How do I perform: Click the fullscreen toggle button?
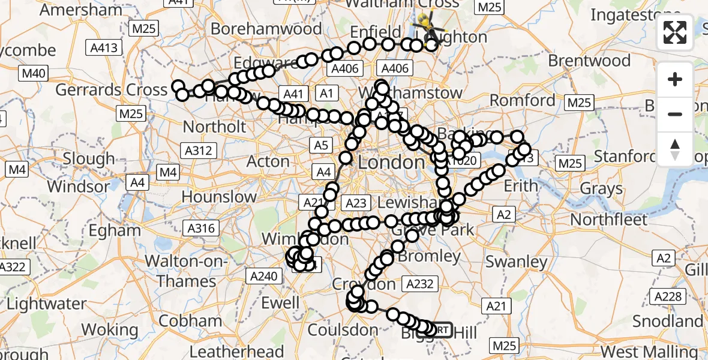click(x=675, y=32)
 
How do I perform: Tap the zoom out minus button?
click(x=675, y=114)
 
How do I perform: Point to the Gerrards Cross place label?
click(x=111, y=90)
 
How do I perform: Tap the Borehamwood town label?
click(x=266, y=28)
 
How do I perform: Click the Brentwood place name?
click(x=589, y=61)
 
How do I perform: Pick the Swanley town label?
click(x=517, y=262)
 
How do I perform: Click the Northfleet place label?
click(x=609, y=220)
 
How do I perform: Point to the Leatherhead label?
click(x=236, y=352)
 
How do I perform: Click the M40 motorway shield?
click(x=33, y=74)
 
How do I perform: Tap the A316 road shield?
click(x=201, y=228)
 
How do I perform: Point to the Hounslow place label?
click(x=219, y=196)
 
